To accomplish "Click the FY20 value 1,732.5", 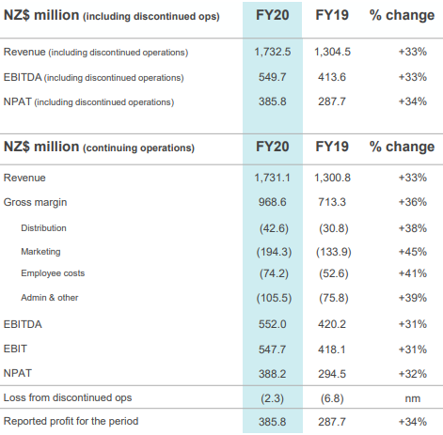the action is [x=273, y=52].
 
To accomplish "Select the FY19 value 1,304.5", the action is [x=332, y=52].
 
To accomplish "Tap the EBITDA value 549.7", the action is [x=273, y=77].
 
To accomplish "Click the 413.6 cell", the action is [x=332, y=77].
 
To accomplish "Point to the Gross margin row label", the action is [x=35, y=203].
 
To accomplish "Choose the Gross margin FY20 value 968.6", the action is [x=273, y=202].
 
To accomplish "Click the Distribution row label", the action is [x=43, y=228].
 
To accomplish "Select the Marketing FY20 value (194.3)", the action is [x=274, y=252].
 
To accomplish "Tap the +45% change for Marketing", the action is [x=413, y=252].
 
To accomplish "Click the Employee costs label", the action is [x=53, y=273].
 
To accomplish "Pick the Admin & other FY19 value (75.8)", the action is [x=334, y=298].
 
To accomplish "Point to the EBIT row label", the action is [x=15, y=349].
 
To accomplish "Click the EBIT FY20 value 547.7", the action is [x=273, y=350].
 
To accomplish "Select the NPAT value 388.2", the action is [x=273, y=374].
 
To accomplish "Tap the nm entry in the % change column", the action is [x=413, y=398].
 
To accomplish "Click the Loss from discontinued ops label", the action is [x=68, y=397].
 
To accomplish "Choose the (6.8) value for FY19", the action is [x=332, y=398].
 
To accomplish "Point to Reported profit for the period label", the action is [x=71, y=422].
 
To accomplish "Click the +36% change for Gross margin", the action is [x=413, y=202].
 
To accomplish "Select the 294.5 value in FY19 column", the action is [x=332, y=374].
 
